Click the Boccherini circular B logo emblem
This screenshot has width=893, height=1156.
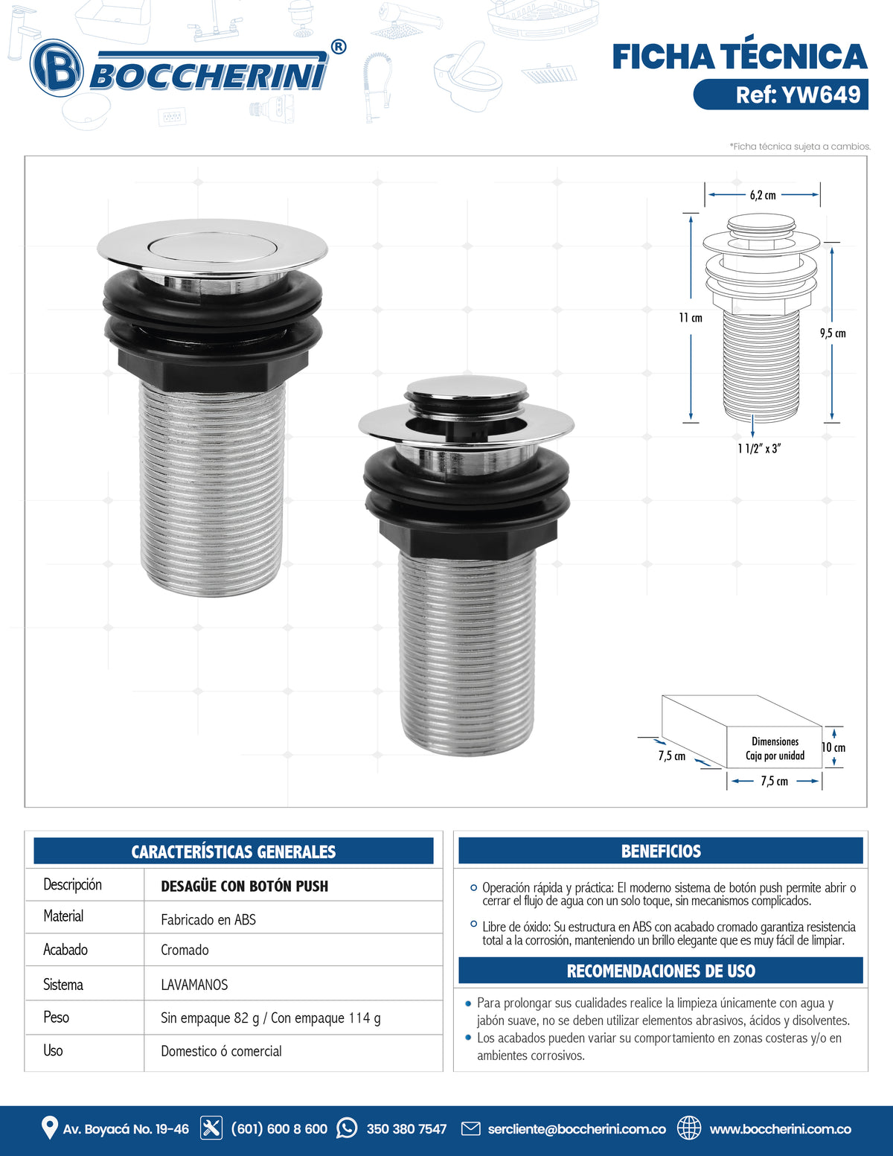(57, 68)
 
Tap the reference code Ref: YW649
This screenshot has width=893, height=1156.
(797, 95)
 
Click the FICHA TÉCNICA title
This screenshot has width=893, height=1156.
(740, 57)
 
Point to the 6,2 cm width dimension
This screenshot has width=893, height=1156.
(763, 195)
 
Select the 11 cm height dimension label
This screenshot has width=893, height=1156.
(691, 318)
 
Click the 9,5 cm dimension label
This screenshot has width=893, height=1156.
(833, 333)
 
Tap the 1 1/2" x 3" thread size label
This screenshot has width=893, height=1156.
(759, 448)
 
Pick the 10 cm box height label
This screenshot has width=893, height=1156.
(833, 747)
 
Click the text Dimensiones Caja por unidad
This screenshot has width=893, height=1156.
(775, 749)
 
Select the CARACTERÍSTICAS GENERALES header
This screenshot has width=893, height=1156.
(234, 852)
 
